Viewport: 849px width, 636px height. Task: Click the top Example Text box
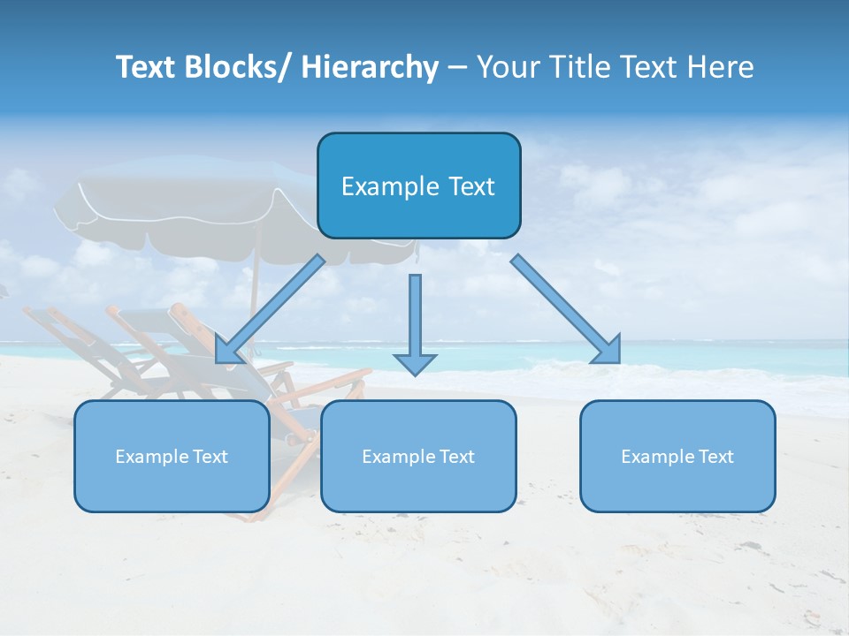pyautogui.click(x=418, y=185)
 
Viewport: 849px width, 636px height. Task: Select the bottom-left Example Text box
pyautogui.click(x=172, y=456)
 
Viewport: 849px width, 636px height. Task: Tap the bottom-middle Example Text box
pyautogui.click(x=418, y=456)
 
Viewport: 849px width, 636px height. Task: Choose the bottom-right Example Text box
pyautogui.click(x=677, y=456)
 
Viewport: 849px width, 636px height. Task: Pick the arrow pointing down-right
pyautogui.click(x=566, y=309)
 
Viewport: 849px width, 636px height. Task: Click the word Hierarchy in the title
pyautogui.click(x=370, y=67)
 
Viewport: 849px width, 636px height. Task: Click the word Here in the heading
pyautogui.click(x=723, y=67)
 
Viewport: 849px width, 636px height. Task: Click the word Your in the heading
pyautogui.click(x=507, y=67)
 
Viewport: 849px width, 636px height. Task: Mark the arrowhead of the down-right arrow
pyautogui.click(x=608, y=351)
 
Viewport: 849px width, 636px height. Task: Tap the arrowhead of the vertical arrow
pyautogui.click(x=415, y=363)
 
